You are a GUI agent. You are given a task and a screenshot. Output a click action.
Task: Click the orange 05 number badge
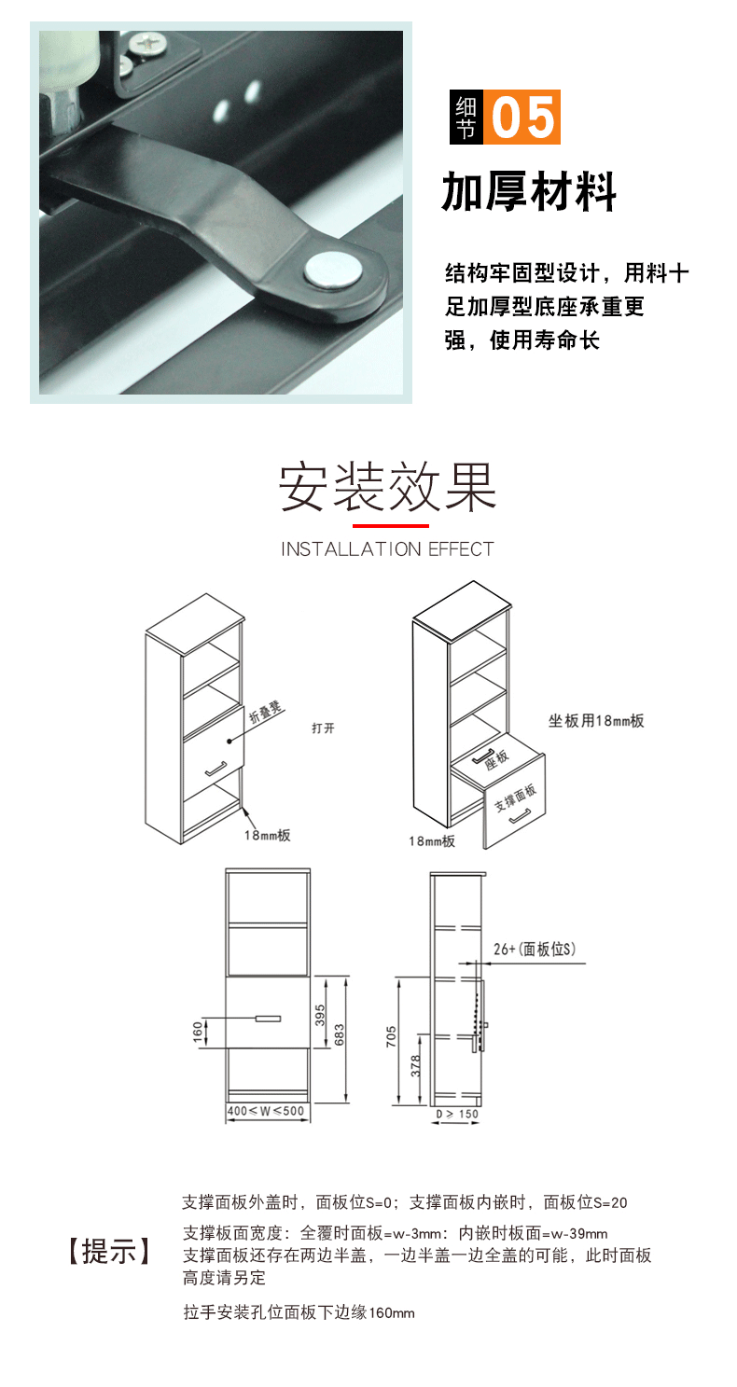point(521,117)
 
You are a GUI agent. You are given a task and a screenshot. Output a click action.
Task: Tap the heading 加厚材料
point(529,192)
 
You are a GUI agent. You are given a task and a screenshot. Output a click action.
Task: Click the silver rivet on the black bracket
point(332,270)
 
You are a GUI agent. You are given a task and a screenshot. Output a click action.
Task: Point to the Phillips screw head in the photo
point(146,44)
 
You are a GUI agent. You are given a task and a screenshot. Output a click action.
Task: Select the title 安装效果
point(388,487)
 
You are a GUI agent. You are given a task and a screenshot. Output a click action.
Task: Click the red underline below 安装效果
point(391,526)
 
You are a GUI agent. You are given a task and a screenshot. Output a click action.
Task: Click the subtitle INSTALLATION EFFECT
point(388,549)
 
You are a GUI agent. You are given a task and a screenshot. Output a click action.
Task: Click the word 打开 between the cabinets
point(324,728)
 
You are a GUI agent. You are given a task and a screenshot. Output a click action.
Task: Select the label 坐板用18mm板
point(596,721)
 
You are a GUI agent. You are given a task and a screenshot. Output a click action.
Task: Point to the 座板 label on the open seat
point(496,759)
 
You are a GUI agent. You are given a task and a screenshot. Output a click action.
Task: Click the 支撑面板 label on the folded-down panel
point(515,798)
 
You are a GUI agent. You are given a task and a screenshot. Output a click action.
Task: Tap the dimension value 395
point(320,1015)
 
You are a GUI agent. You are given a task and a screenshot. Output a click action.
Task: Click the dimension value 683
point(340,1034)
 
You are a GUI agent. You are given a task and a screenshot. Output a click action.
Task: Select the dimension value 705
point(392,1036)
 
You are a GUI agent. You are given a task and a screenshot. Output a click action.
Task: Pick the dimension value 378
point(415,1065)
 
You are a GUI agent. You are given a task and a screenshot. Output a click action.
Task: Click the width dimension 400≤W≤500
point(266,1111)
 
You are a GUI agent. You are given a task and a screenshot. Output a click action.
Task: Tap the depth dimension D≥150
point(457,1114)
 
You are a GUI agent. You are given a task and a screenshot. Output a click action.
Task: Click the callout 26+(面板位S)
point(535,949)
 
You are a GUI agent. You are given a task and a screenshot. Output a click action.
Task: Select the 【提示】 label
point(109,1251)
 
